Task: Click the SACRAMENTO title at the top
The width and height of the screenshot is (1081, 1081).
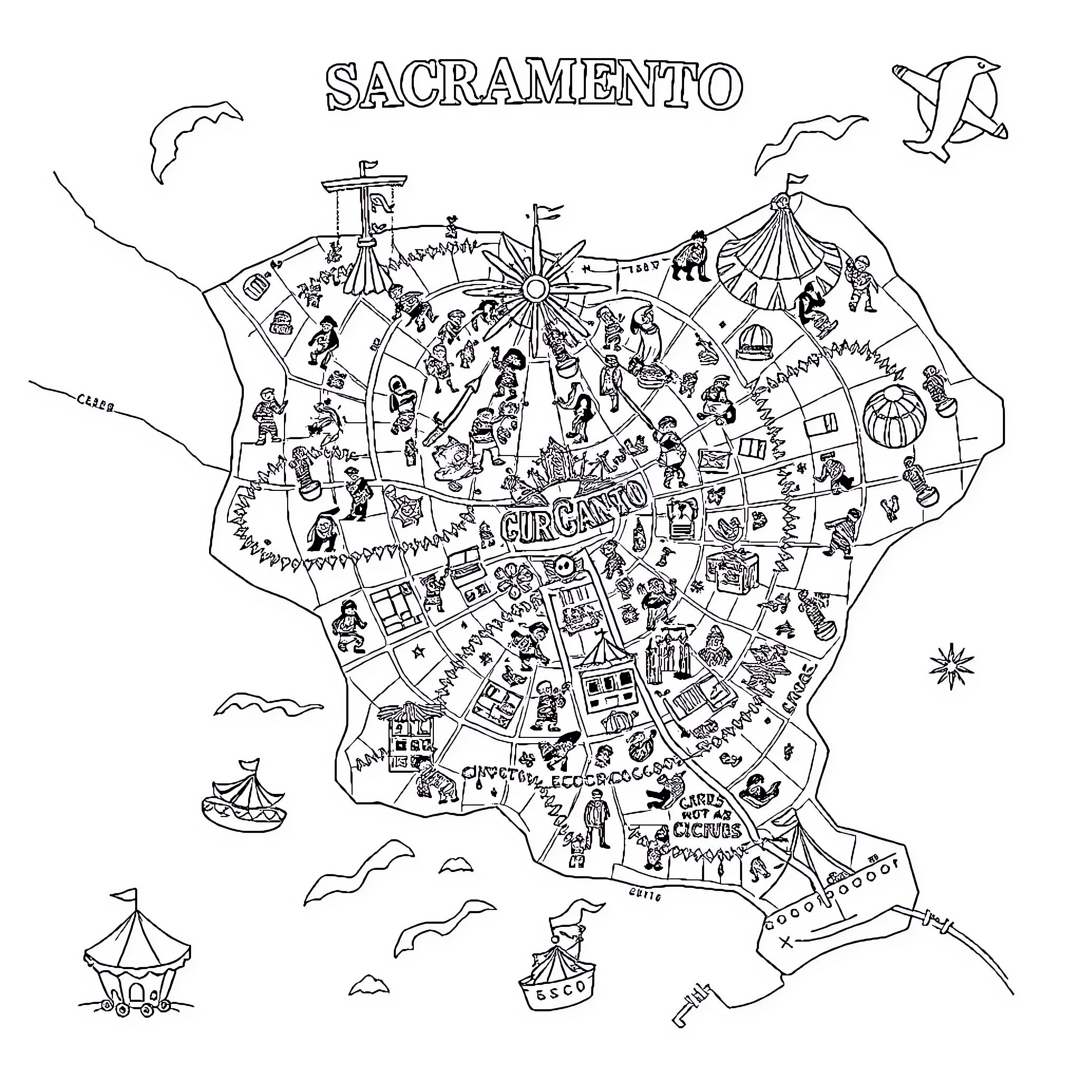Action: coord(534,87)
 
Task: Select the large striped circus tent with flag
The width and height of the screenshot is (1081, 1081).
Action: coord(780,252)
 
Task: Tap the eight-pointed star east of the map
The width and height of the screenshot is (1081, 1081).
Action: coord(951,665)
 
